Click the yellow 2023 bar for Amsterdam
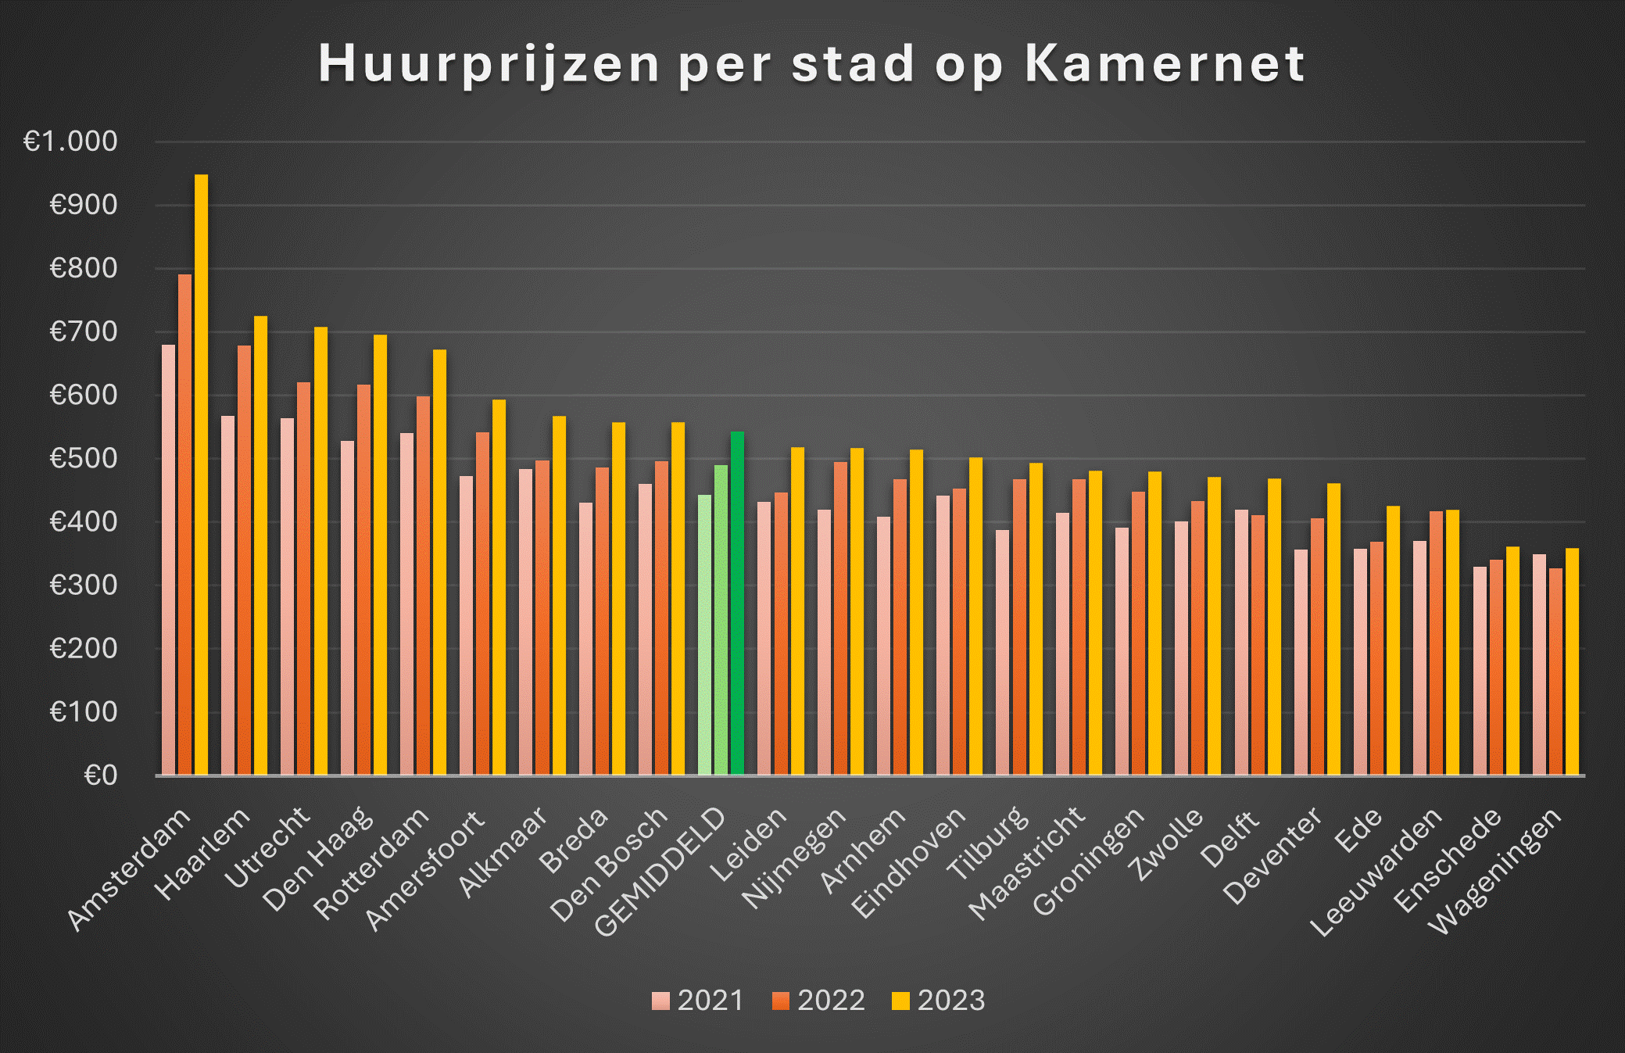tap(201, 477)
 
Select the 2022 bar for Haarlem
tap(244, 563)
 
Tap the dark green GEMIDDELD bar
tap(737, 602)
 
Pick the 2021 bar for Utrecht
tap(288, 598)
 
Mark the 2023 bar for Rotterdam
tap(439, 563)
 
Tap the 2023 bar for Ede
tap(1393, 641)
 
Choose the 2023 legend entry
tap(938, 1001)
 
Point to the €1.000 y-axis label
tap(70, 141)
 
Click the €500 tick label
tap(83, 458)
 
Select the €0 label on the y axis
tap(100, 775)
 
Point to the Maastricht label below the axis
tap(1027, 863)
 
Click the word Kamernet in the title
tap(1164, 63)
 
